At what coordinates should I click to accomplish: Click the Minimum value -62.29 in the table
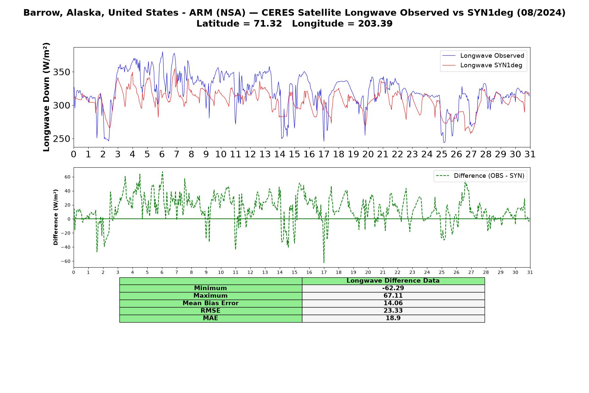pyautogui.click(x=393, y=288)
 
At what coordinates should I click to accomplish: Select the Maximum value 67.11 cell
pyautogui.click(x=393, y=296)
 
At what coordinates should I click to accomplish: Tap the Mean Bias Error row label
pyautogui.click(x=210, y=303)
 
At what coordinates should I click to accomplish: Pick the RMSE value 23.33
pyautogui.click(x=393, y=311)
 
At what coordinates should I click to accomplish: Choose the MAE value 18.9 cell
pyautogui.click(x=393, y=318)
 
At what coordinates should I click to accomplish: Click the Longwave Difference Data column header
pyautogui.click(x=393, y=281)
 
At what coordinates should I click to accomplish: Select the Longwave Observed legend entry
pyautogui.click(x=483, y=56)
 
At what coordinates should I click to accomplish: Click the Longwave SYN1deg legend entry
pyautogui.click(x=482, y=65)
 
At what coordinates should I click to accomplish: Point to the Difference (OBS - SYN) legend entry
pyautogui.click(x=480, y=176)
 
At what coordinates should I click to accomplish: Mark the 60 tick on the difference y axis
pyautogui.click(x=67, y=177)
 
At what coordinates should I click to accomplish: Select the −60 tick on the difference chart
pyautogui.click(x=65, y=261)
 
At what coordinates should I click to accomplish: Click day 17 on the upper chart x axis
pyautogui.click(x=324, y=154)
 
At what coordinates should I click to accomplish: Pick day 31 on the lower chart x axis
pyautogui.click(x=530, y=272)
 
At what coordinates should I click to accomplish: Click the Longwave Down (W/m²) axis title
pyautogui.click(x=46, y=97)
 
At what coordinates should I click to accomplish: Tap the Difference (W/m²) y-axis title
pyautogui.click(x=56, y=217)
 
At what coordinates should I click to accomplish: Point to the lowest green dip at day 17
pyautogui.click(x=324, y=262)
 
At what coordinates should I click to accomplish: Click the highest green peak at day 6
pyautogui.click(x=162, y=172)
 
